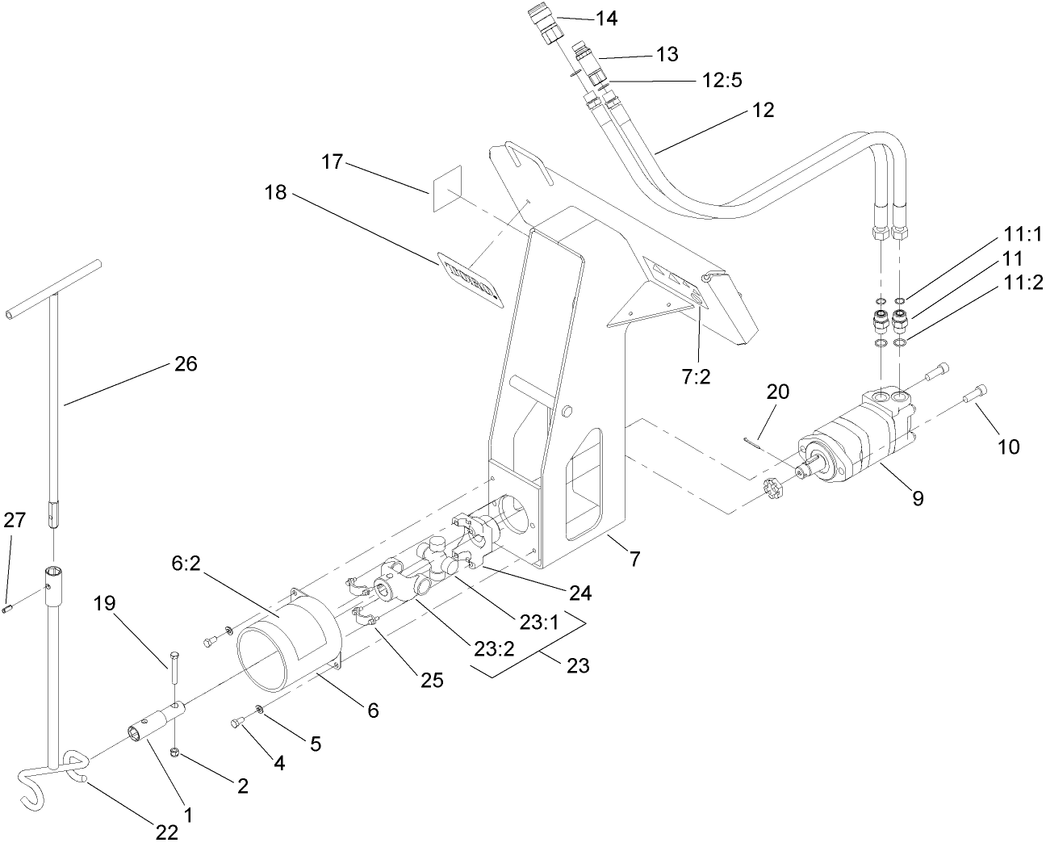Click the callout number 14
pos(606,18)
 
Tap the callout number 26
pos(186,364)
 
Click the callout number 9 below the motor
pos(918,498)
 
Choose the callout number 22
pos(168,832)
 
